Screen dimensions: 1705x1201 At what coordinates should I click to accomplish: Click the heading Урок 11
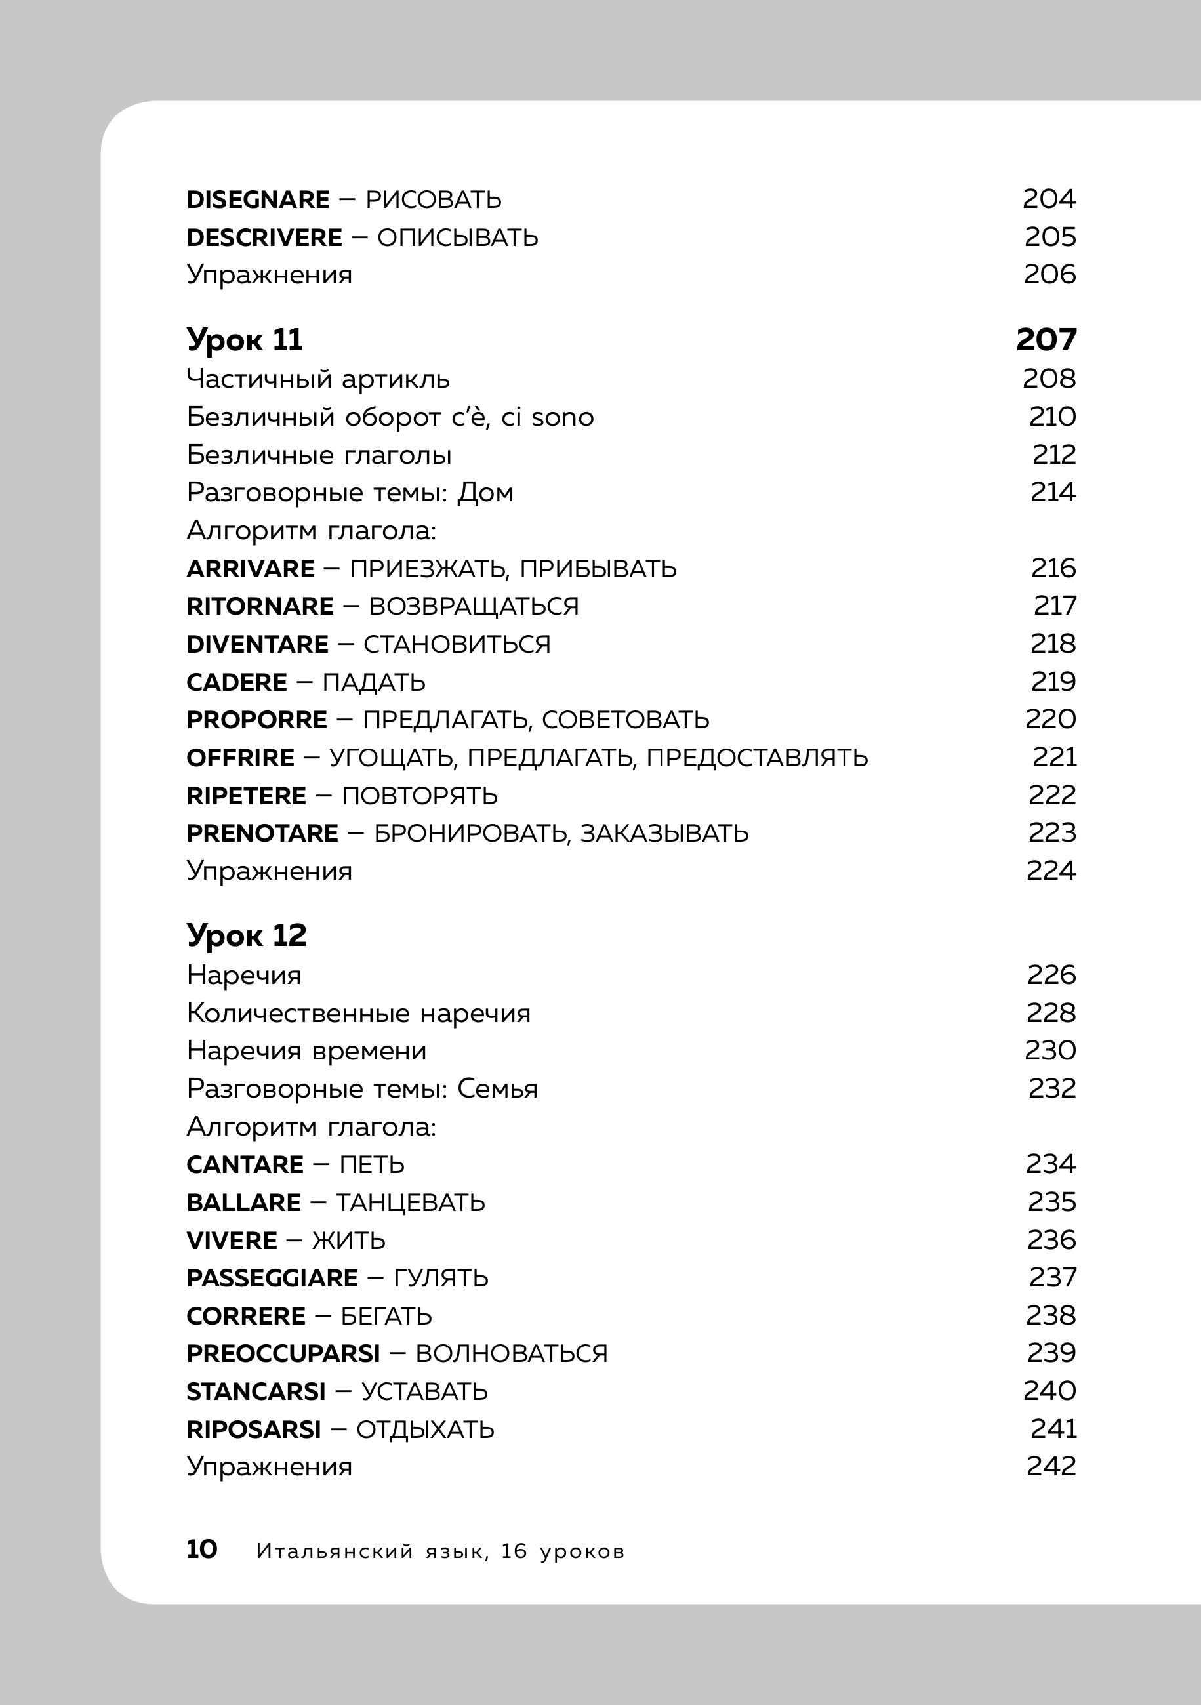[244, 340]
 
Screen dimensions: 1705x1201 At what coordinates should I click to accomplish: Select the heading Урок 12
[246, 935]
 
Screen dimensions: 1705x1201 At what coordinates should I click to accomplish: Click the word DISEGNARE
[258, 199]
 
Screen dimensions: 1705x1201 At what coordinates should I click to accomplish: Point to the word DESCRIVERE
[264, 237]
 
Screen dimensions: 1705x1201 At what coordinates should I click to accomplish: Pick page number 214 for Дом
[1053, 492]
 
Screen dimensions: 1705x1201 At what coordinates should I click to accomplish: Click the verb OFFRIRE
[241, 758]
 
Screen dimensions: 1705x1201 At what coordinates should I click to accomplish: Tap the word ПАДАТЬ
[374, 682]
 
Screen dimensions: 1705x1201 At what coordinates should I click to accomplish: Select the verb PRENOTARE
[262, 833]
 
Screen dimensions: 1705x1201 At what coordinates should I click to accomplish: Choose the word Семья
[497, 1088]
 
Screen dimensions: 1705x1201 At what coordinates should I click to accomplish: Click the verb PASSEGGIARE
[272, 1278]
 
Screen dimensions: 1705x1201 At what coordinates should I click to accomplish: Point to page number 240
[1049, 1390]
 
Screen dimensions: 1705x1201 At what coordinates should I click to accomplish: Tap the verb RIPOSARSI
[254, 1429]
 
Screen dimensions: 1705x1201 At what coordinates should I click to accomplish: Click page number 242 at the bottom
[1051, 1467]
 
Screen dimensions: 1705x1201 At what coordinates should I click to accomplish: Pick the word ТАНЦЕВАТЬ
[411, 1202]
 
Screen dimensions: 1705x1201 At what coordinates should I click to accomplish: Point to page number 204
[1049, 199]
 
